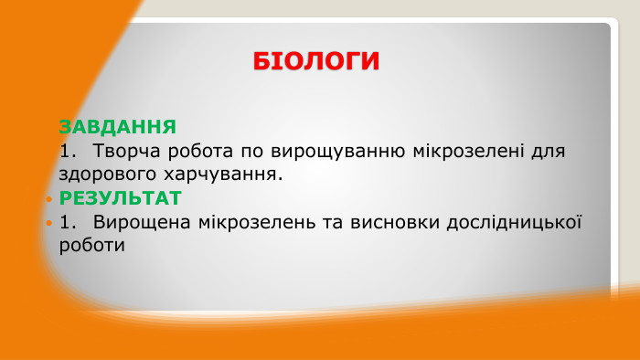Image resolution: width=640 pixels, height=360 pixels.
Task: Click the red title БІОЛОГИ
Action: click(316, 61)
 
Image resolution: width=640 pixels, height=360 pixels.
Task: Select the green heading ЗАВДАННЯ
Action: click(117, 126)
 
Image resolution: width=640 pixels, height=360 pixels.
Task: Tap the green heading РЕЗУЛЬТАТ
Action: click(121, 198)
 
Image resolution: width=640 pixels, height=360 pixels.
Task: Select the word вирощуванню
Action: click(317, 150)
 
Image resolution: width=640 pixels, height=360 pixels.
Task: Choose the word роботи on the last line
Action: click(91, 246)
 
